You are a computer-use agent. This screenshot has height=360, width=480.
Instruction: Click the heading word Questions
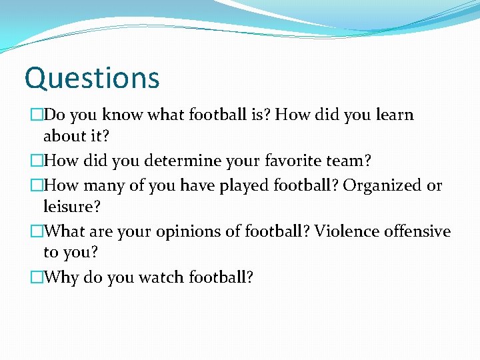click(92, 78)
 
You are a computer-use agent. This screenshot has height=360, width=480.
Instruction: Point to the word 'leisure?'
click(72, 207)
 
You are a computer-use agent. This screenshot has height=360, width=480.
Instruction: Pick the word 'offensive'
click(417, 231)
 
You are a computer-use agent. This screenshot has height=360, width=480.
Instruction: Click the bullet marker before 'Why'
click(37, 278)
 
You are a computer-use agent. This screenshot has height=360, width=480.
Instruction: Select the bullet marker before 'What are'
click(37, 232)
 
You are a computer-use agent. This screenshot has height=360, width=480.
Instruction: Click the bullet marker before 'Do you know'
click(37, 115)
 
